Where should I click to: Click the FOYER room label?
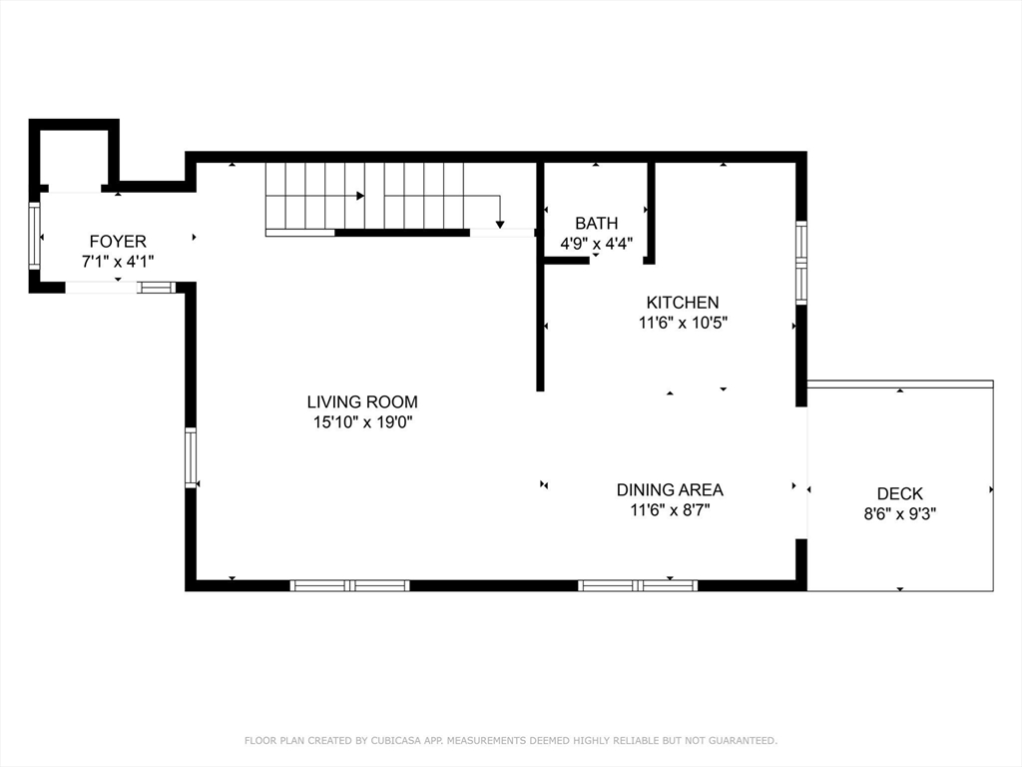[118, 242]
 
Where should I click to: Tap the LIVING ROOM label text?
[362, 401]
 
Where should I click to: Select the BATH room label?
[597, 223]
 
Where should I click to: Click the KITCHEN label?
[683, 302]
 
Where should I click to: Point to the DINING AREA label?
[670, 489]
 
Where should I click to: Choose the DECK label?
[900, 493]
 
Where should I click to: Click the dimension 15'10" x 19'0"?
[363, 422]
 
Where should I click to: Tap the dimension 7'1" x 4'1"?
[118, 262]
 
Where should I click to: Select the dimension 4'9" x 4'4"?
[597, 244]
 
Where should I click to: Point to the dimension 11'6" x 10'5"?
[683, 323]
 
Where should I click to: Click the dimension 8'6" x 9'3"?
[900, 514]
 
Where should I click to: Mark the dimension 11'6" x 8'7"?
[670, 509]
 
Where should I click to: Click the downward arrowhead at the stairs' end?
[500, 225]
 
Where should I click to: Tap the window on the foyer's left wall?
[34, 235]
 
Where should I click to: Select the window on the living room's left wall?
[191, 457]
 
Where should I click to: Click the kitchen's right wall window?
[801, 263]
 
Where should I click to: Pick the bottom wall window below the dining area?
[638, 585]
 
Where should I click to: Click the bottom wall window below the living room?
[350, 585]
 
